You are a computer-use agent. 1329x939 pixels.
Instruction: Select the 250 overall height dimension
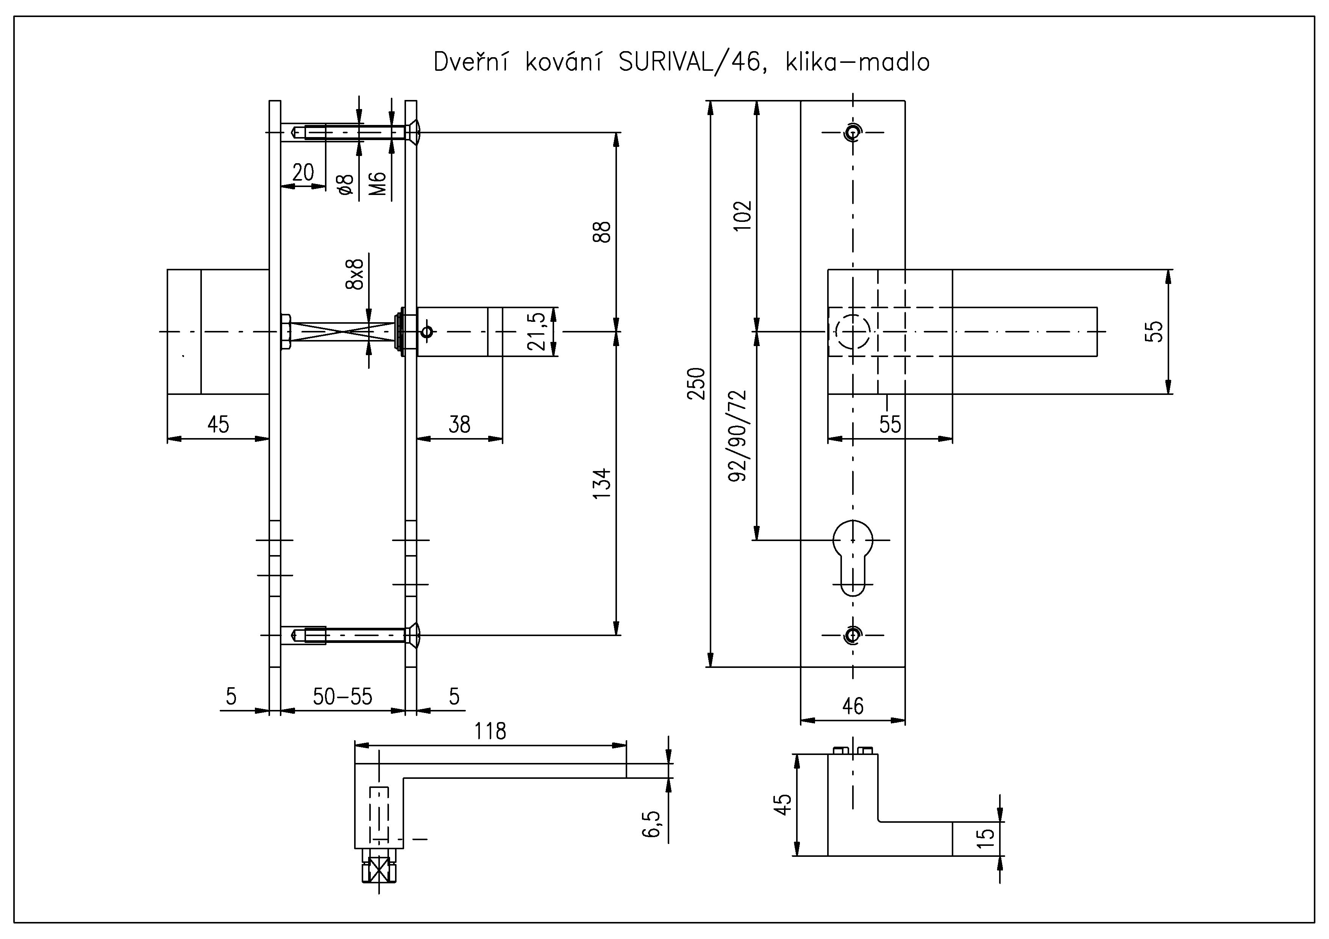[x=697, y=383]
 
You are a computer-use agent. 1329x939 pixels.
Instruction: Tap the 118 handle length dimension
[x=490, y=731]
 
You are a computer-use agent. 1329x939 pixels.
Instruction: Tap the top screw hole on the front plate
[x=852, y=133]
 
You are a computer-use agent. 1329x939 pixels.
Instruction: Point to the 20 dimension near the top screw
[x=303, y=172]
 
